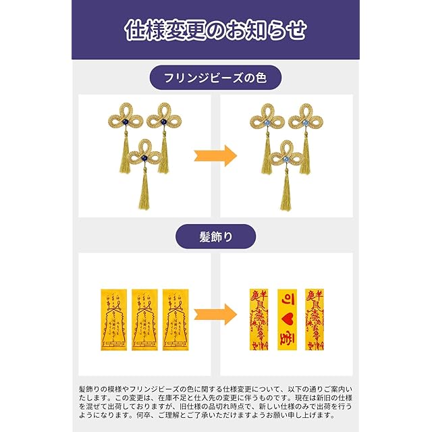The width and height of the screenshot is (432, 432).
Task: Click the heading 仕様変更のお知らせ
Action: pos(216,30)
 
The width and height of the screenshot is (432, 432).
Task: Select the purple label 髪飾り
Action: pos(216,237)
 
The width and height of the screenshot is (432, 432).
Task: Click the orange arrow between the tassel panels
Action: pos(215,155)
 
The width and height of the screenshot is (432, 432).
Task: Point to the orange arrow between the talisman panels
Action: pos(215,314)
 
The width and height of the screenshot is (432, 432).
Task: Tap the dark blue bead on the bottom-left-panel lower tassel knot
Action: pos(144,158)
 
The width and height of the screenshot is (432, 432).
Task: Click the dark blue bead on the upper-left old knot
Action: pos(126,121)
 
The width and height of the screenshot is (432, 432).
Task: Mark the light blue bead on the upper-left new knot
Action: pos(267,121)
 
